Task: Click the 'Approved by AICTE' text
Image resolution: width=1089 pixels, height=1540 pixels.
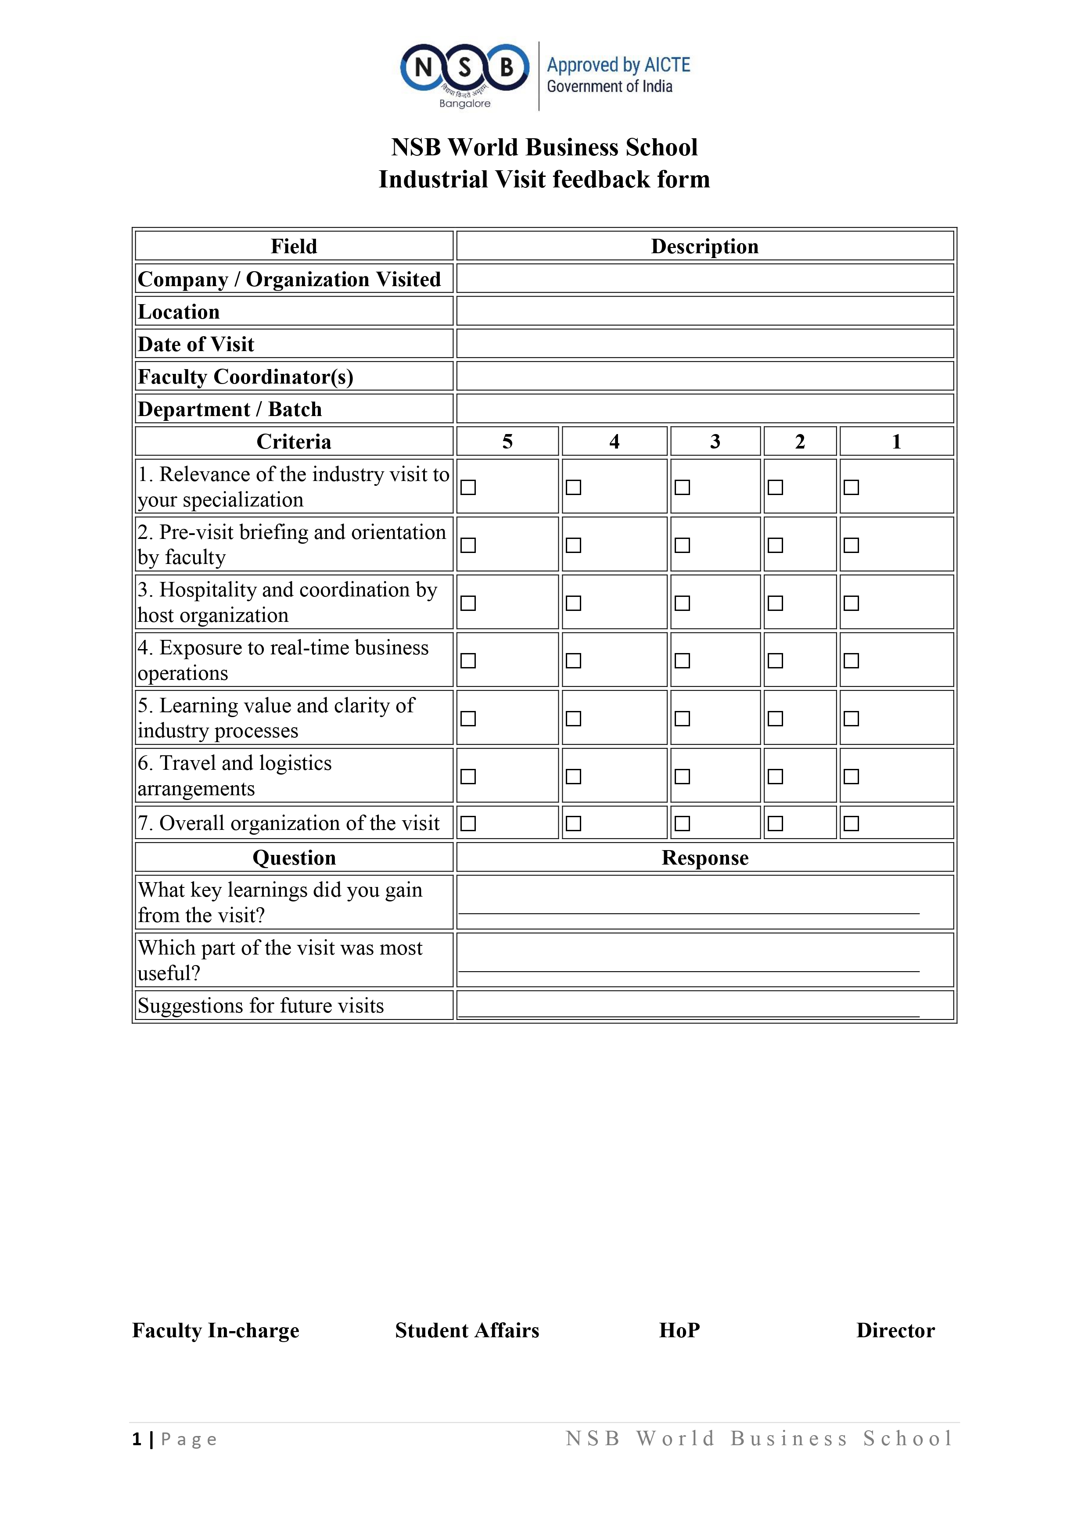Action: [618, 65]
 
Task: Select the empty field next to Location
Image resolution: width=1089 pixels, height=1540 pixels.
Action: [704, 311]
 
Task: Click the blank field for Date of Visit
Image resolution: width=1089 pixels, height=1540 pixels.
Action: [704, 343]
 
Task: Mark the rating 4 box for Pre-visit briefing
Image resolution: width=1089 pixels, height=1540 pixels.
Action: [573, 546]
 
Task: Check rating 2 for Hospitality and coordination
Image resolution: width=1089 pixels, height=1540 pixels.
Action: [775, 603]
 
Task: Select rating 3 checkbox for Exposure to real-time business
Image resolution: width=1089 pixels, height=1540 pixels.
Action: [682, 661]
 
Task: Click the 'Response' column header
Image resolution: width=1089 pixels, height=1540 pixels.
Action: [704, 858]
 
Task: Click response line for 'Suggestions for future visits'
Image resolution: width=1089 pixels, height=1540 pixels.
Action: [688, 1008]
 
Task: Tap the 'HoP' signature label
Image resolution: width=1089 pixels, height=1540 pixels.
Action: [679, 1330]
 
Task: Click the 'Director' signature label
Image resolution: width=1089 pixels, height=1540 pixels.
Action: [895, 1330]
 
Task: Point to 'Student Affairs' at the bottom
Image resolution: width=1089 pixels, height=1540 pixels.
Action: [467, 1330]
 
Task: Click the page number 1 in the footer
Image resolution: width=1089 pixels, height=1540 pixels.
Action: [137, 1439]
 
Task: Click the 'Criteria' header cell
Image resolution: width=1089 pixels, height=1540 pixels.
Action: [294, 442]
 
